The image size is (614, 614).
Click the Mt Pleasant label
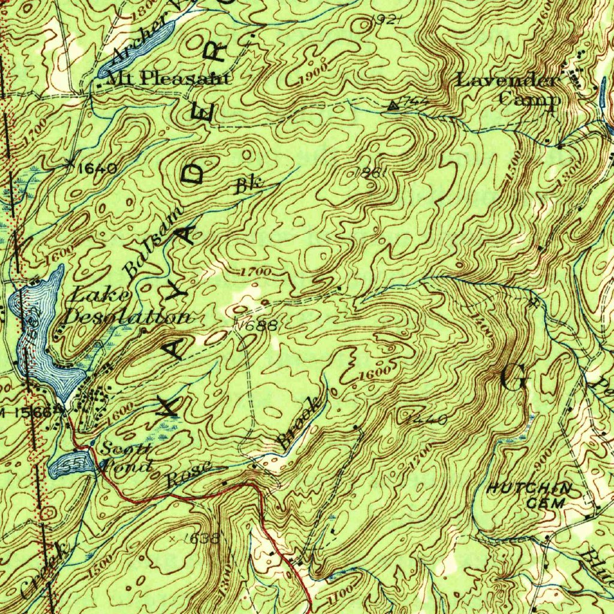click(x=167, y=79)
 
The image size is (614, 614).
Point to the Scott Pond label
click(x=126, y=457)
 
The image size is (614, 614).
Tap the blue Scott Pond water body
click(x=71, y=463)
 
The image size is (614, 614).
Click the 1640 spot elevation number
click(x=97, y=168)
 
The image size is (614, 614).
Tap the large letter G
click(x=514, y=378)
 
